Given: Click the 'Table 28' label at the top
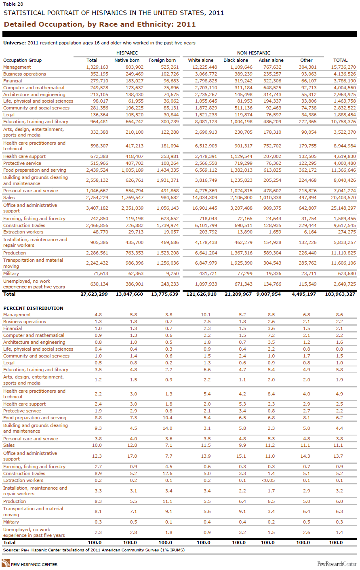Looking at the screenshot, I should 10,4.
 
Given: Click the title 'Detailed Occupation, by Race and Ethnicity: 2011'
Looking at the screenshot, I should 99,24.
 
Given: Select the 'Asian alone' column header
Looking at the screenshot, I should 271,60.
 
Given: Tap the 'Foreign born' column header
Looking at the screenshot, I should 162,60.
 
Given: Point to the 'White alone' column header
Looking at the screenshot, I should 201,60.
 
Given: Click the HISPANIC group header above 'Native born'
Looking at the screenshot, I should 127,53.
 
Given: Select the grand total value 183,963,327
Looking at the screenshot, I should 340,294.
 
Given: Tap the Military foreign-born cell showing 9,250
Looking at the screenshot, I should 172,273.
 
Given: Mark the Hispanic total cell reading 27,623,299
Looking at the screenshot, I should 94,294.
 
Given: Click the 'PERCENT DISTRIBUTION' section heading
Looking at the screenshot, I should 34,308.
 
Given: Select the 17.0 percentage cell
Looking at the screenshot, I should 132,456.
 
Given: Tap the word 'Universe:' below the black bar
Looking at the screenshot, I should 15,43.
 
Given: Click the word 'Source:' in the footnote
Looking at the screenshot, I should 11,550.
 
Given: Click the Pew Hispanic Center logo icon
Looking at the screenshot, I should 6,563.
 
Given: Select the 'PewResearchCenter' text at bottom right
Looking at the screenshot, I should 337,564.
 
